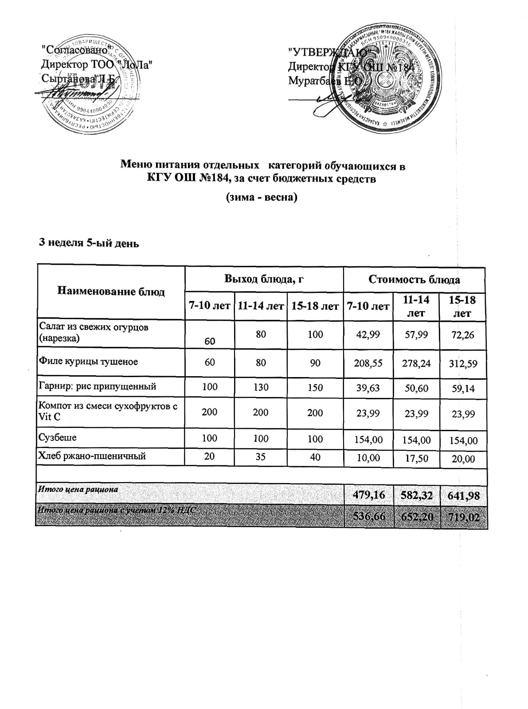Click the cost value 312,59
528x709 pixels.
463,364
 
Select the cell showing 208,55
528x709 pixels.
368,362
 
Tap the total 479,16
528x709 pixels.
368,495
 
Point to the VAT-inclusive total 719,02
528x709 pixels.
463,517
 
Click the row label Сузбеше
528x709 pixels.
58,438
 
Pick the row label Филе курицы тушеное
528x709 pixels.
89,362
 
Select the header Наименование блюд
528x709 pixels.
111,292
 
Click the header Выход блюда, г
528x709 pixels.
264,279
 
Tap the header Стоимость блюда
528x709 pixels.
414,280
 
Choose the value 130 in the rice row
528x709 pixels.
261,387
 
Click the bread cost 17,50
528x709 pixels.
416,458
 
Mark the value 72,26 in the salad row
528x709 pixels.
462,335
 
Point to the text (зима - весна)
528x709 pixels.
262,197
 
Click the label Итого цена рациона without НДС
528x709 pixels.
78,490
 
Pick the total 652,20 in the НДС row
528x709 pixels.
416,517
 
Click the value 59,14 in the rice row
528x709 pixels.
463,389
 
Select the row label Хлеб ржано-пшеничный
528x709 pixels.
93,456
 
